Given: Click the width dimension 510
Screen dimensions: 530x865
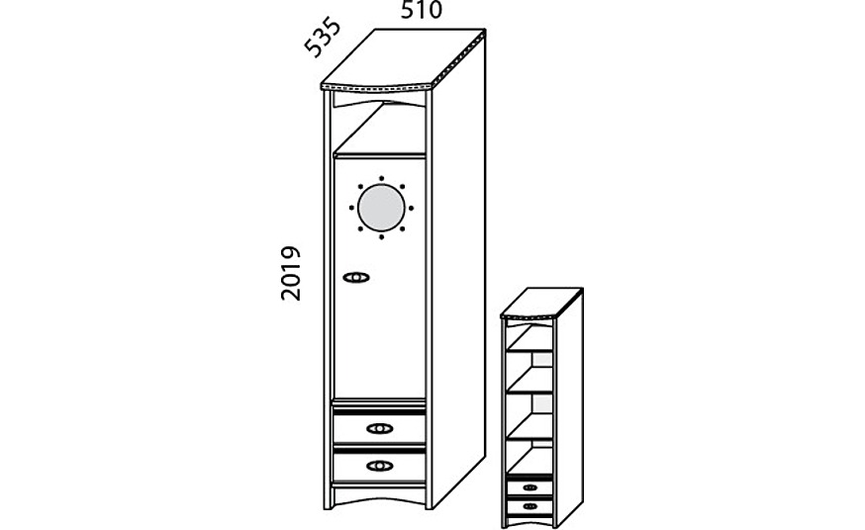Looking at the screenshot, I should pos(421,11).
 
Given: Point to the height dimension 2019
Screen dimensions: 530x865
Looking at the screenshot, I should pos(290,273).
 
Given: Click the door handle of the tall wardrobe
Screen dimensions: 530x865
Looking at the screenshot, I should pos(356,277).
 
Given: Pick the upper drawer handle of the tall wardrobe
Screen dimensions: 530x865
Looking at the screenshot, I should pos(379,428).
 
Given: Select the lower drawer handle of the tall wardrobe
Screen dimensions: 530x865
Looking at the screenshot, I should pos(379,465).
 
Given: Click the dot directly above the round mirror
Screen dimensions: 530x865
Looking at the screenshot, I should pos(381,178).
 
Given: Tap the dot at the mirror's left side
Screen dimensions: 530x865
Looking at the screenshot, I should pos(351,209).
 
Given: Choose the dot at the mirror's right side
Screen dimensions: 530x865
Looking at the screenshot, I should pos(412,209).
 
